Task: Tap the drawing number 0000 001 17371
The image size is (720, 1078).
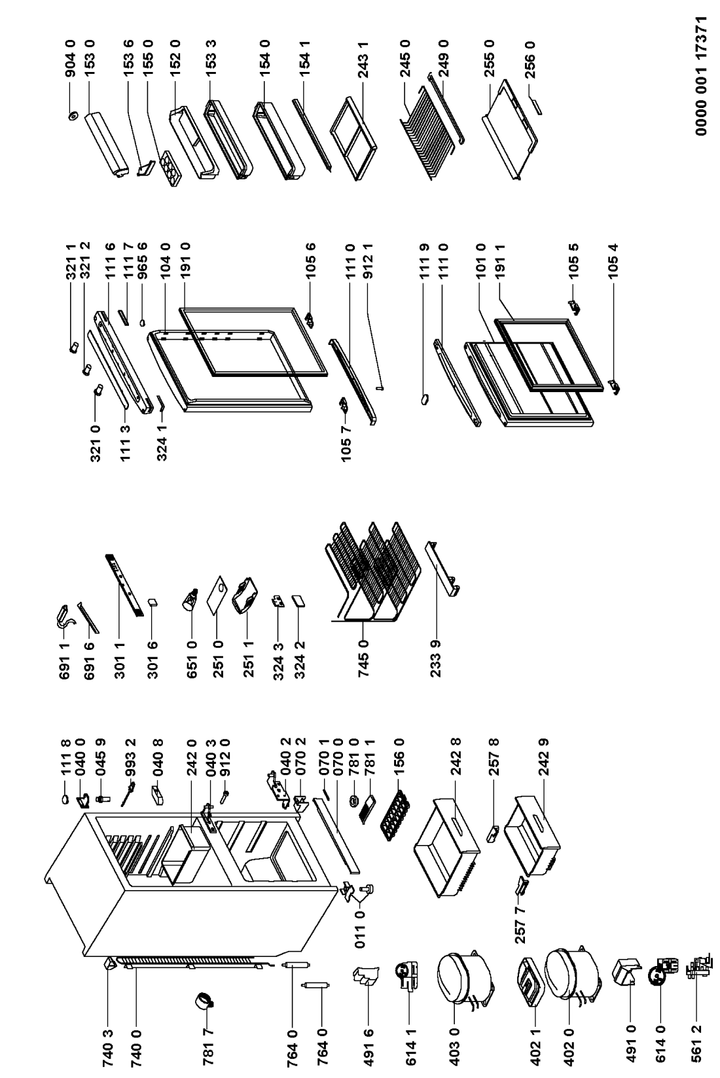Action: [x=701, y=75]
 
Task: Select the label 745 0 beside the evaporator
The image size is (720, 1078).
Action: [x=364, y=658]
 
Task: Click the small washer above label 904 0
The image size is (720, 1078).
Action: [x=73, y=116]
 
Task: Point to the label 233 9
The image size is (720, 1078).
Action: [x=436, y=658]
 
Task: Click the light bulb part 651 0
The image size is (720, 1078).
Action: [x=190, y=599]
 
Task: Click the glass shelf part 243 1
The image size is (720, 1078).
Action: [x=353, y=139]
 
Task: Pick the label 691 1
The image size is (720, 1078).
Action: [x=65, y=661]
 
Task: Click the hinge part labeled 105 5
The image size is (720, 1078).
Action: [x=573, y=307]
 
